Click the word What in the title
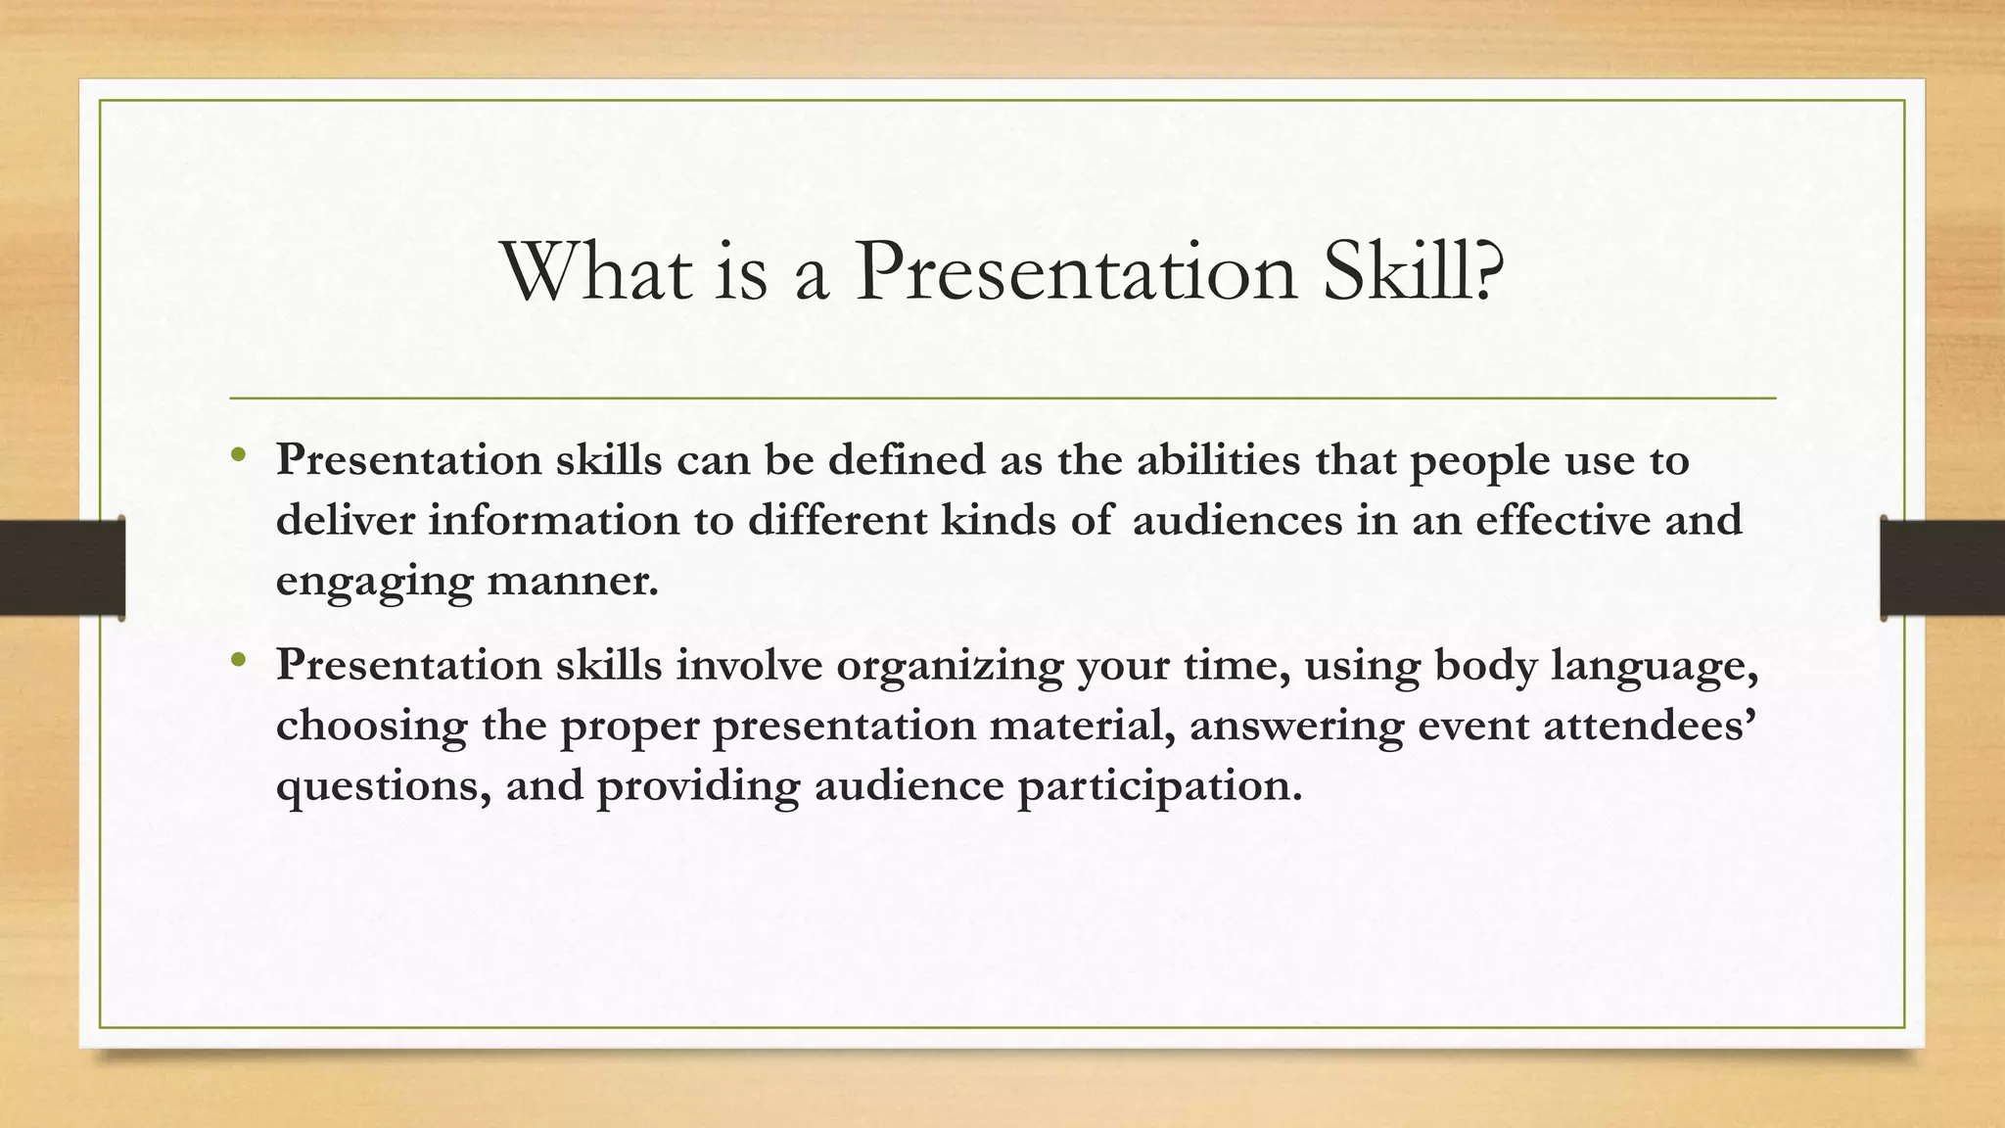(x=596, y=271)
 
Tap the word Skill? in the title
(x=1412, y=271)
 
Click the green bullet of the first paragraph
(x=238, y=454)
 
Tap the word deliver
(x=344, y=520)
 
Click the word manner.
(x=573, y=581)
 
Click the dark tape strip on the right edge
(x=1942, y=568)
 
